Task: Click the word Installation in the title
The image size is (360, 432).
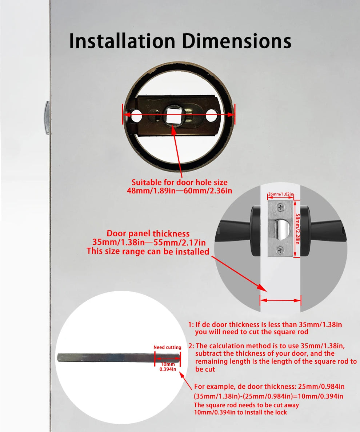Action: tap(123, 41)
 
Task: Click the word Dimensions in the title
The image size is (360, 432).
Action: tap(237, 41)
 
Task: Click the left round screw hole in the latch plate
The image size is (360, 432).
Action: tap(136, 117)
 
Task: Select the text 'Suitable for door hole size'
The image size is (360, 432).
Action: tap(179, 182)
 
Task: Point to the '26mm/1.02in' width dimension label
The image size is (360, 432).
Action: tap(281, 195)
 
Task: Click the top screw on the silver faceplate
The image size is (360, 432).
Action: tap(280, 207)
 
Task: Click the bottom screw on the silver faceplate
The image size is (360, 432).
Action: tap(280, 250)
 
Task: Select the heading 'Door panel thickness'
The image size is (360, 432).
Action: tap(148, 233)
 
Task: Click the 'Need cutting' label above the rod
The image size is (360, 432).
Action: tap(167, 347)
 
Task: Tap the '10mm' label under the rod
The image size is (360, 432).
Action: tap(168, 364)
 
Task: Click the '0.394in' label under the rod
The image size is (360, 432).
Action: tap(168, 369)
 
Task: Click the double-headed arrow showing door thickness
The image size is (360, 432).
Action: tap(280, 300)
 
